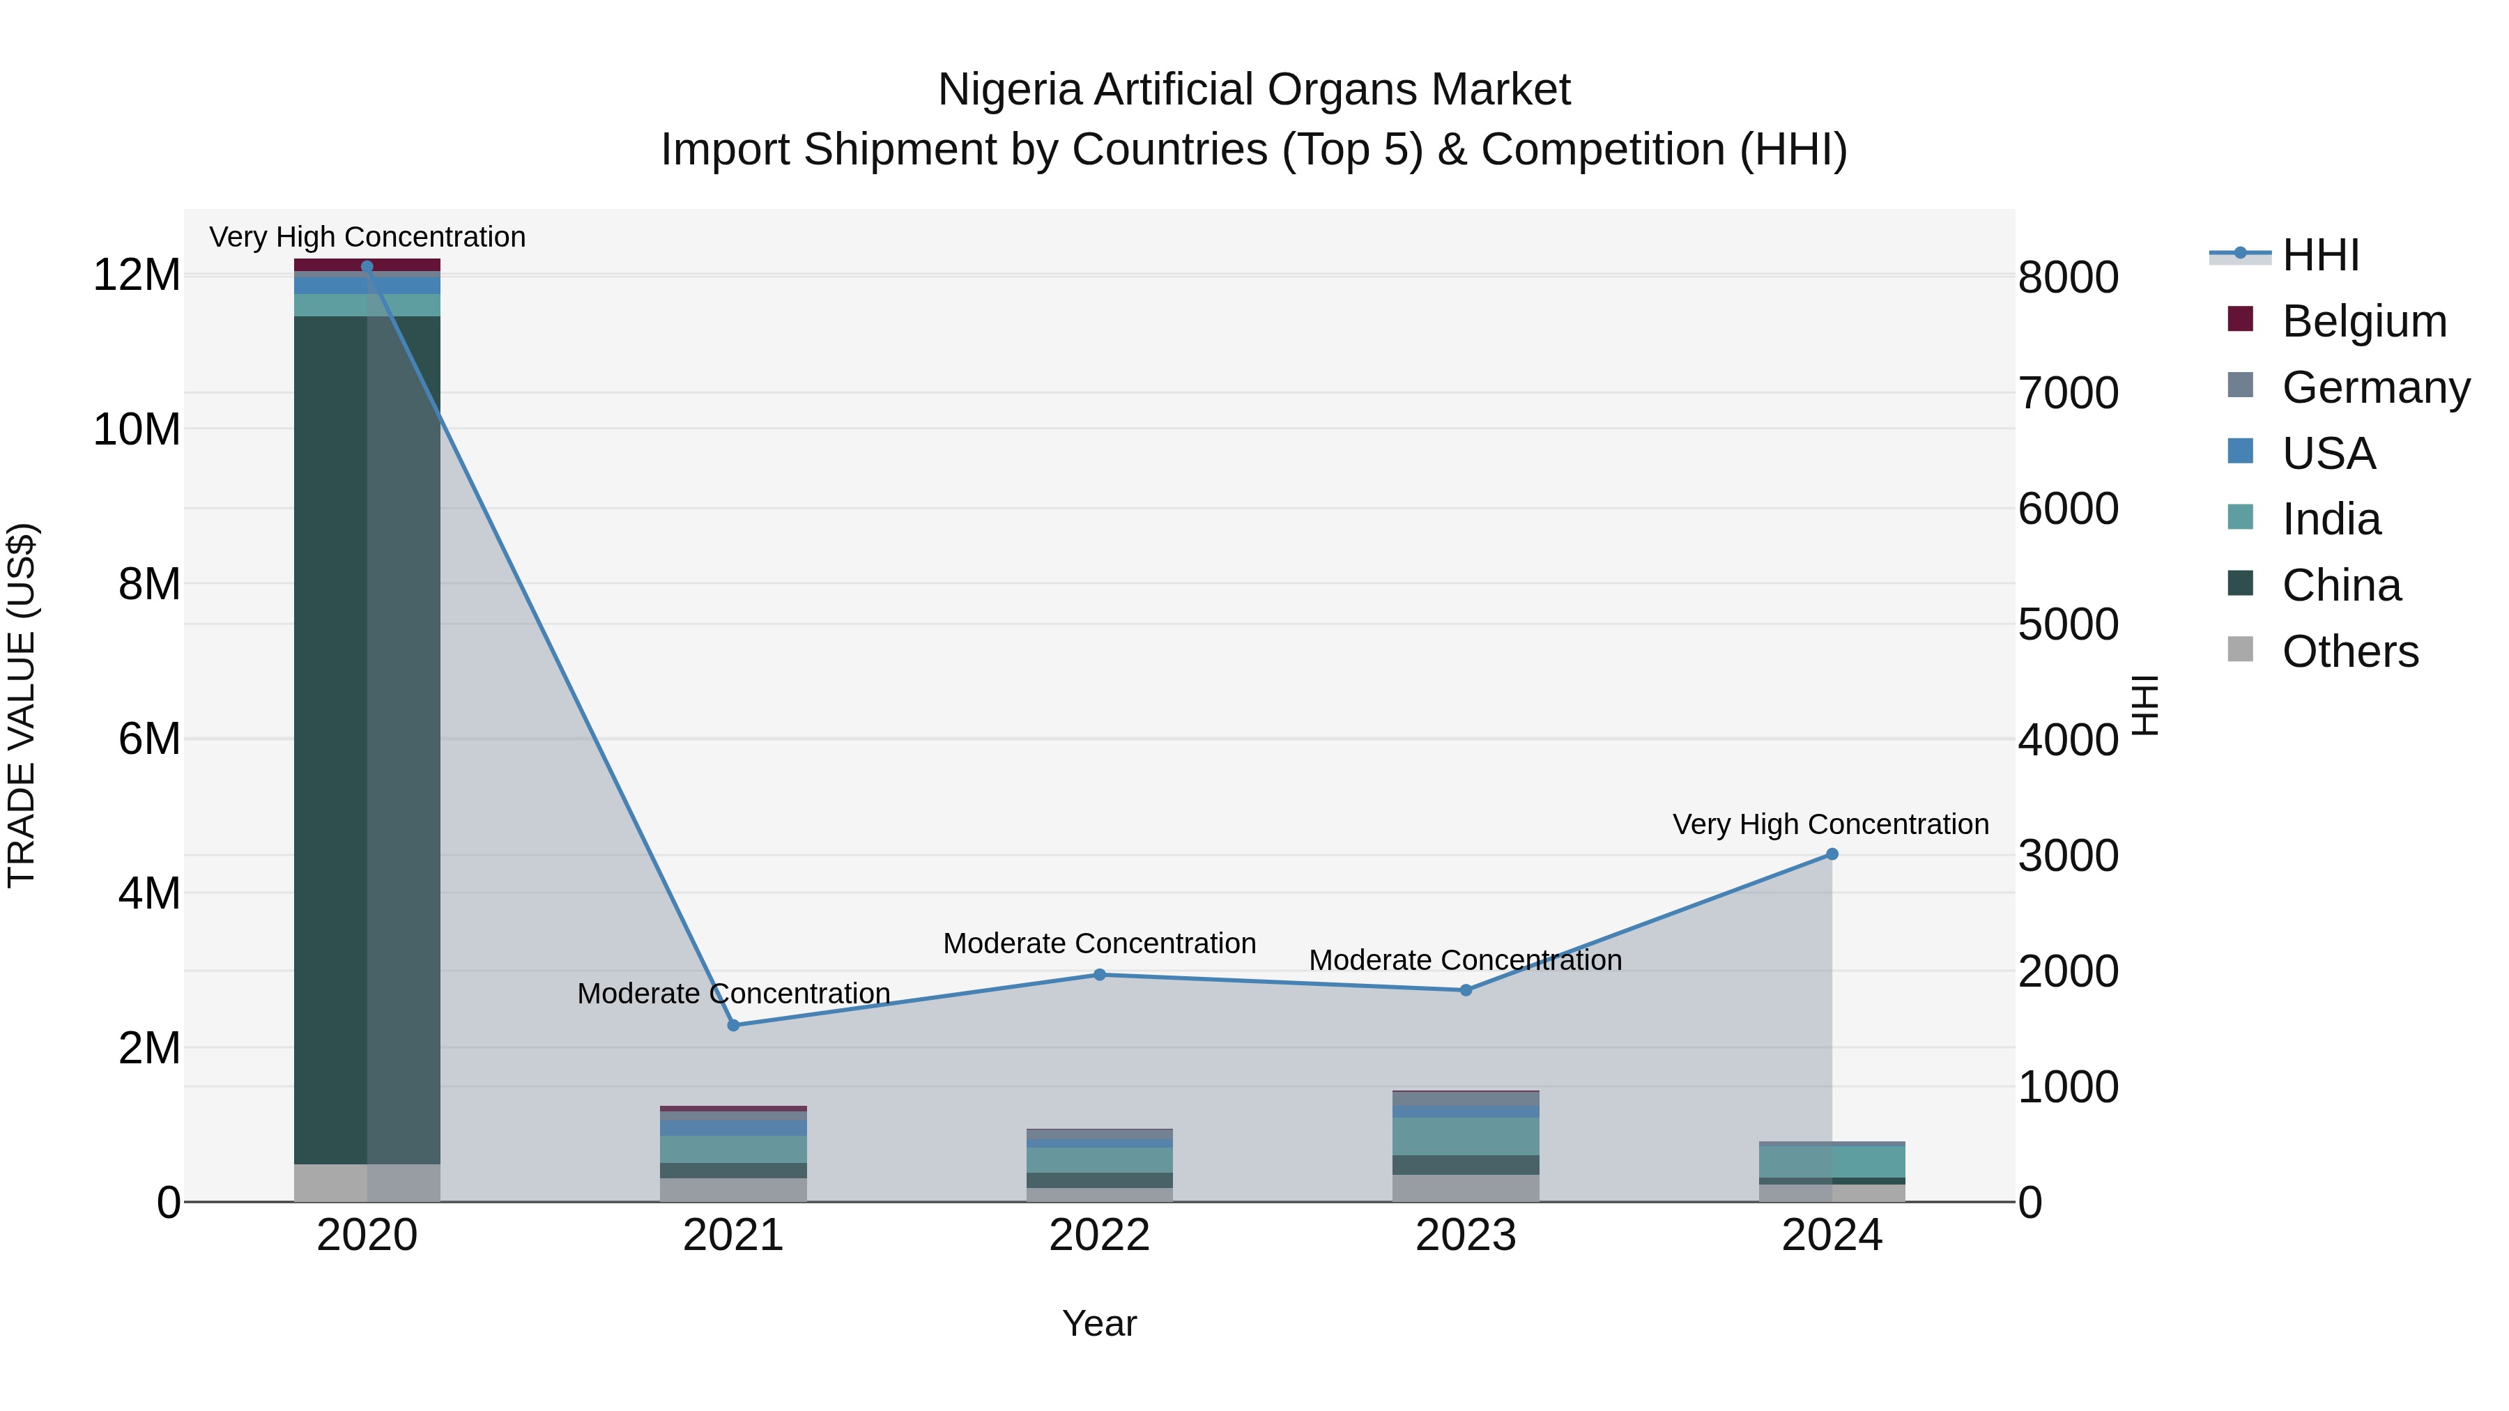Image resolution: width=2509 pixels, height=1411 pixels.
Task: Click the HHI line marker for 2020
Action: [x=367, y=266]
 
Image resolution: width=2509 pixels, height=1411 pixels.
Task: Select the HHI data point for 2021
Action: [x=735, y=1026]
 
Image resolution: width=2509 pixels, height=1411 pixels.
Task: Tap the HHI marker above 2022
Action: [x=1100, y=975]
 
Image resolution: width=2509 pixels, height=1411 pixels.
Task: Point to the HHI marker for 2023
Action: [x=1466, y=990]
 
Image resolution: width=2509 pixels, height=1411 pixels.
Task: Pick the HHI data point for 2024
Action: [x=1832, y=854]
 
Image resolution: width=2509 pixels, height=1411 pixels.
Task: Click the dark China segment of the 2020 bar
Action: [x=331, y=740]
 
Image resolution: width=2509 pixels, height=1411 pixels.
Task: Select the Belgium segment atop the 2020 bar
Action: [x=367, y=264]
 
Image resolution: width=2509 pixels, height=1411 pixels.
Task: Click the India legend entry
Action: [x=2331, y=519]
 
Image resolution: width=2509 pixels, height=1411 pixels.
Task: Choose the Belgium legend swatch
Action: [x=2240, y=319]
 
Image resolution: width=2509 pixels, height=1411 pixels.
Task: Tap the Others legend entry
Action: [x=2349, y=651]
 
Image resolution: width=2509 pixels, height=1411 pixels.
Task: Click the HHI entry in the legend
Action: [x=2320, y=255]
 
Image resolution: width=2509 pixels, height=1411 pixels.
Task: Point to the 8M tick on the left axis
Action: [x=149, y=585]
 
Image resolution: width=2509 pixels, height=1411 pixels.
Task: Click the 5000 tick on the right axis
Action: [x=2068, y=624]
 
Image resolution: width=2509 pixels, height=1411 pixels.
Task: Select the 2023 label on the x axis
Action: [x=1466, y=1235]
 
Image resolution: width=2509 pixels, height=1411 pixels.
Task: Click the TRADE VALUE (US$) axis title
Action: [x=22, y=705]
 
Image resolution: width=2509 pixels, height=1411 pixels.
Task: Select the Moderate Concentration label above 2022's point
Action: [x=1100, y=943]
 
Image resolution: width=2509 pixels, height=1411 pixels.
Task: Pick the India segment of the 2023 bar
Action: [x=1466, y=1136]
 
